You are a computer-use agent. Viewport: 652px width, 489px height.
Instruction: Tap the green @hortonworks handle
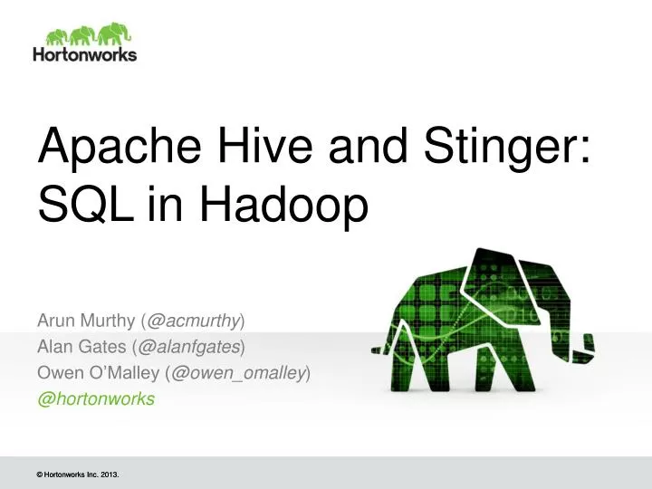(96, 398)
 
